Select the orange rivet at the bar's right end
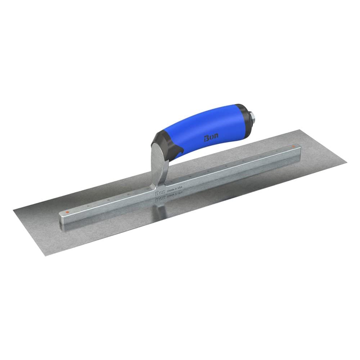[293, 147]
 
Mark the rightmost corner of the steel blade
[346, 163]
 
